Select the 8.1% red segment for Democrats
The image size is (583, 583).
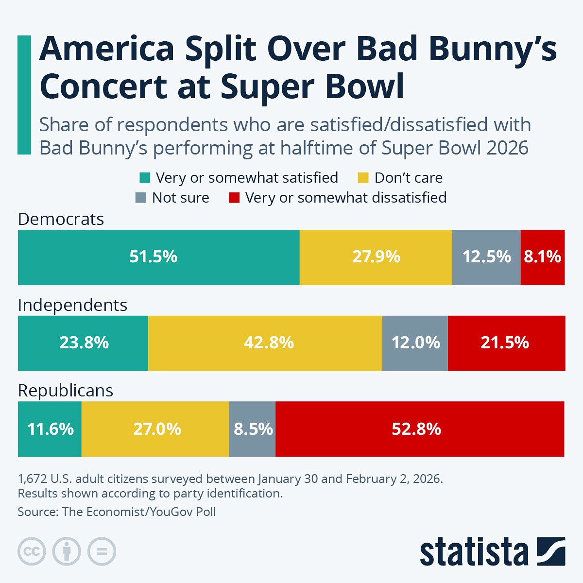(x=542, y=257)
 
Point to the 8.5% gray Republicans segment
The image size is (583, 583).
(x=252, y=429)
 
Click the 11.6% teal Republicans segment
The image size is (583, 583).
(x=50, y=429)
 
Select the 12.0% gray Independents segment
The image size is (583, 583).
(x=415, y=343)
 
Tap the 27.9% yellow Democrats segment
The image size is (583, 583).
(x=376, y=257)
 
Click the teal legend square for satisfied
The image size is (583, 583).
(x=145, y=178)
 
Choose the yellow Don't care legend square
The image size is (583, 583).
(x=363, y=178)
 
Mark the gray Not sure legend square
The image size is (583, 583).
(x=141, y=198)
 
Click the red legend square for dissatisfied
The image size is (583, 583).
(x=234, y=198)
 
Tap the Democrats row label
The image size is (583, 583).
(x=61, y=219)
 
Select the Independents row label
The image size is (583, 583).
(x=72, y=305)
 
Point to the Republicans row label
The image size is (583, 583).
(x=66, y=391)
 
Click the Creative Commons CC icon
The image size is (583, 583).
(x=32, y=551)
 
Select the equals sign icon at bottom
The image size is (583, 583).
(x=102, y=551)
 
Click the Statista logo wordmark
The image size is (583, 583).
(x=474, y=552)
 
